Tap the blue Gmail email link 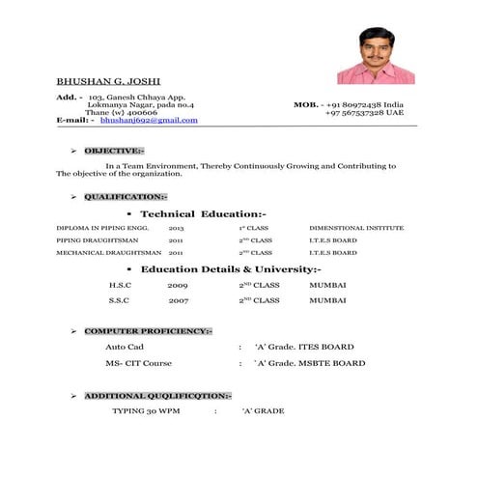point(149,121)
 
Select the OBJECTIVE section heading point(114,151)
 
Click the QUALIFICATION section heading point(126,196)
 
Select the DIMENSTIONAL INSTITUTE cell point(356,228)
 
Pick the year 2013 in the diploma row point(176,228)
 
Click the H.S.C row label point(119,286)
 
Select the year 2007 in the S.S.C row point(178,300)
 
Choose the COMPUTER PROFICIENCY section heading point(148,330)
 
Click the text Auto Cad point(125,347)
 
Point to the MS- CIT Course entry point(138,364)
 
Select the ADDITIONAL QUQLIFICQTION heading point(157,396)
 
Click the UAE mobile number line point(364,112)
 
